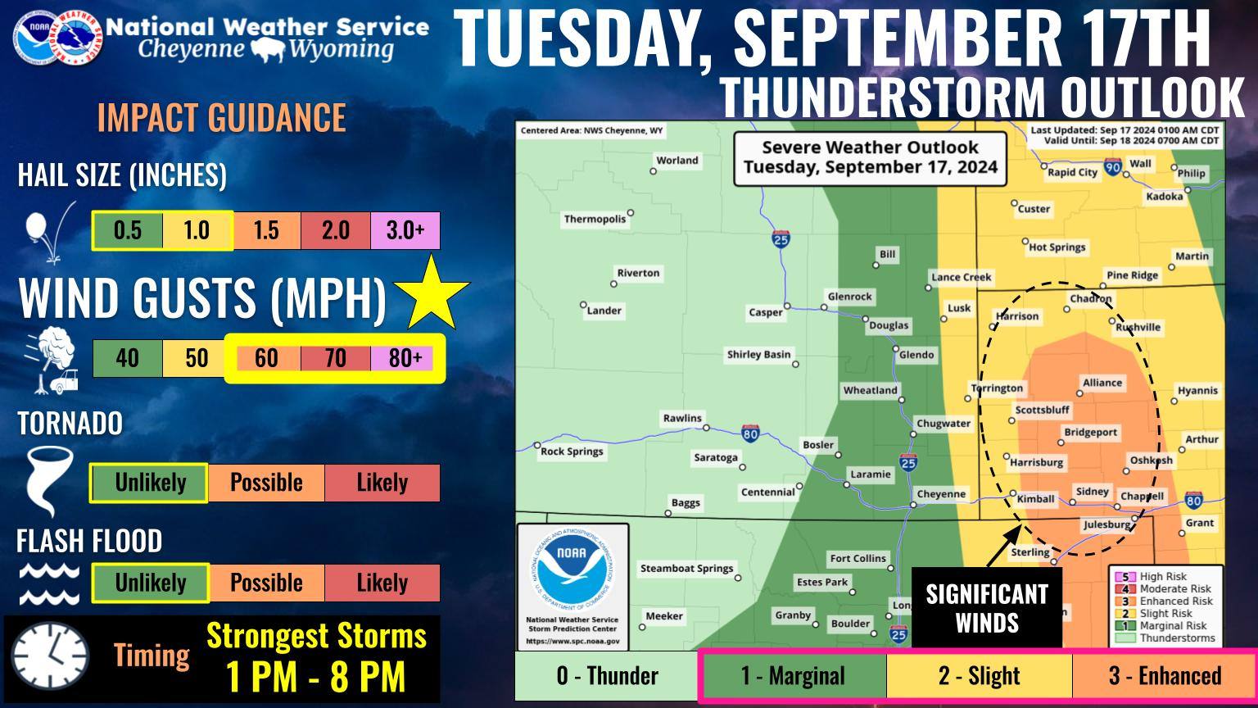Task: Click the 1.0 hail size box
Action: coord(197,230)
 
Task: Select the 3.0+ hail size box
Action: coord(405,230)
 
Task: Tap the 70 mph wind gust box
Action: coord(336,358)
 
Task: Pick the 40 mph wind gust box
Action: coord(127,358)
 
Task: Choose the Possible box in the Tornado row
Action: coord(266,483)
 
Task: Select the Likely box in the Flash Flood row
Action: coord(382,583)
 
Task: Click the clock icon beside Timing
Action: coord(50,656)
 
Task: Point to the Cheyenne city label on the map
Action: coord(940,494)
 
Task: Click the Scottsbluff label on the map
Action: coord(1042,410)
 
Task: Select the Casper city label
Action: coord(765,312)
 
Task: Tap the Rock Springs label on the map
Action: coord(572,452)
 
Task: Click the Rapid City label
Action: coord(1072,172)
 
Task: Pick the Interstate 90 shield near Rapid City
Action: coord(1112,167)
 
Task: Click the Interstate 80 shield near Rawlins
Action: coord(749,433)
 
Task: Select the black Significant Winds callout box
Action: coord(986,607)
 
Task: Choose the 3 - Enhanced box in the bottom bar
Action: coord(1164,675)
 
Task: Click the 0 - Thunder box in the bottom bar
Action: coord(607,675)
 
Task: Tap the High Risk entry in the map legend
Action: coord(1163,577)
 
